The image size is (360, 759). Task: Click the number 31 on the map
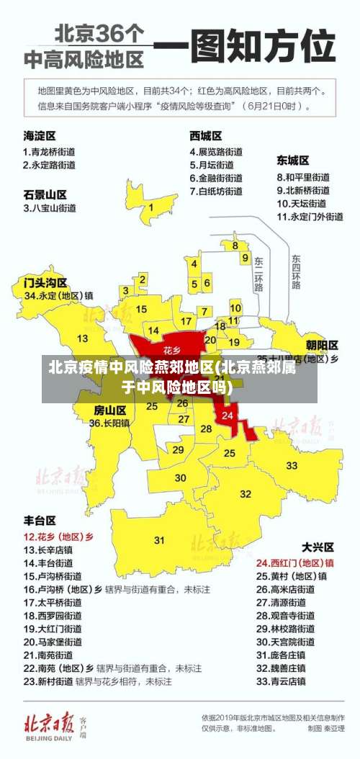click(x=159, y=539)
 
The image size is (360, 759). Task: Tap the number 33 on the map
click(x=292, y=465)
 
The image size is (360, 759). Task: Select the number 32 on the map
click(x=246, y=493)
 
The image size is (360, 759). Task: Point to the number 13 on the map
click(x=83, y=338)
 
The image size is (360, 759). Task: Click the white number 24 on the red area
click(x=228, y=416)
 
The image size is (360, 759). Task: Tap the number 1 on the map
click(x=150, y=207)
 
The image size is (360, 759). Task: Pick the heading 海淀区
click(x=40, y=135)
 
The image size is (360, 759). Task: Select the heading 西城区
click(x=206, y=135)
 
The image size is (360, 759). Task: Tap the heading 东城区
click(x=293, y=160)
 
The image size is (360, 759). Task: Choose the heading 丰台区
click(x=40, y=519)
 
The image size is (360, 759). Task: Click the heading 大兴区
click(x=318, y=546)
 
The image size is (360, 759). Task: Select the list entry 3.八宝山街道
click(x=50, y=208)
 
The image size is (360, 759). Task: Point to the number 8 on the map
click(x=235, y=245)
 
